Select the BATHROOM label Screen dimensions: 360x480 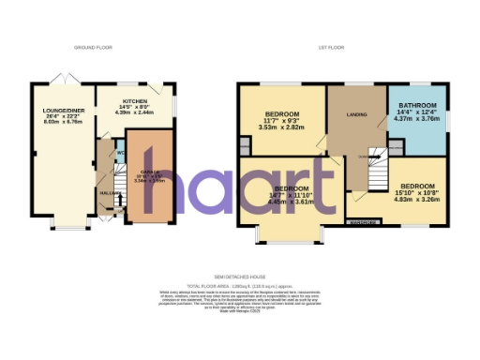(416, 105)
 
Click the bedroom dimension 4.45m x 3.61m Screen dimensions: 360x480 (289, 201)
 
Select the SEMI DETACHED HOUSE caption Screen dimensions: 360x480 (239, 277)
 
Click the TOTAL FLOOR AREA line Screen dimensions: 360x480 (239, 284)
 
